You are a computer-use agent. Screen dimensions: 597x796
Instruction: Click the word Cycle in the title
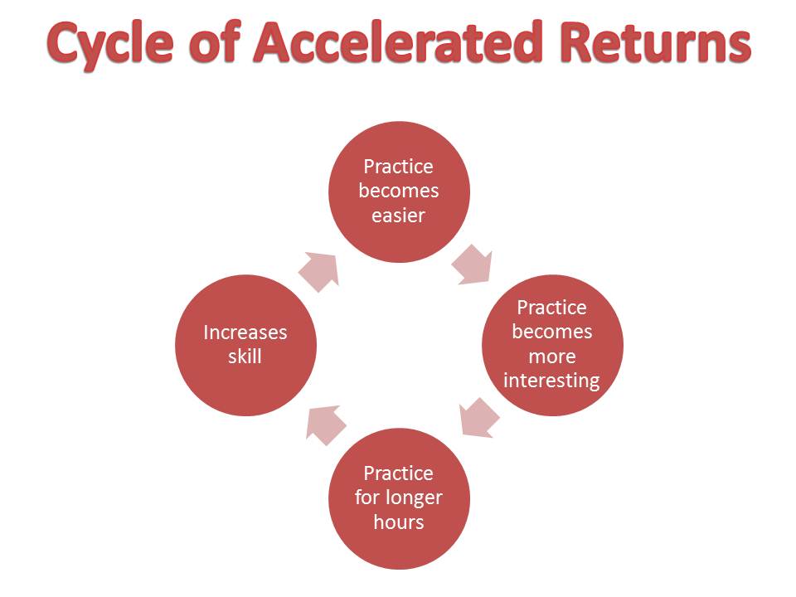click(119, 43)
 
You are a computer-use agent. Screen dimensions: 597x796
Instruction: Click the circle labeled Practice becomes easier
click(400, 192)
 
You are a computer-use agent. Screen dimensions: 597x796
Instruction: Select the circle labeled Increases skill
click(245, 345)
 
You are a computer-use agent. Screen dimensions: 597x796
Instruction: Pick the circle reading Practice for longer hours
click(399, 498)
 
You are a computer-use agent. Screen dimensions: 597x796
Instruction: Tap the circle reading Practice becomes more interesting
click(552, 345)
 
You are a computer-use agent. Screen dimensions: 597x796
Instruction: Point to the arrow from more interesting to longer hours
click(478, 417)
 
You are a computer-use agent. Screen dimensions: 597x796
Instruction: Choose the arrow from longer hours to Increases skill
click(325, 422)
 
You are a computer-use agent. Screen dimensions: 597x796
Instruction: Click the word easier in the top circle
click(399, 216)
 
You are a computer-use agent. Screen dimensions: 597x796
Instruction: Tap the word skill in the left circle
click(245, 357)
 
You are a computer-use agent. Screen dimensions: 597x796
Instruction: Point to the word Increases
click(245, 332)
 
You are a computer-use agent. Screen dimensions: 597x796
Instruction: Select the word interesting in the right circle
click(551, 381)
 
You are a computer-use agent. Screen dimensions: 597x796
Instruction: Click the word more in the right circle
click(551, 357)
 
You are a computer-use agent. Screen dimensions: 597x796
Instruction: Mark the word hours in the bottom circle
click(399, 522)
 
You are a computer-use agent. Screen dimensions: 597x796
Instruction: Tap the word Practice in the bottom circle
click(399, 473)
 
